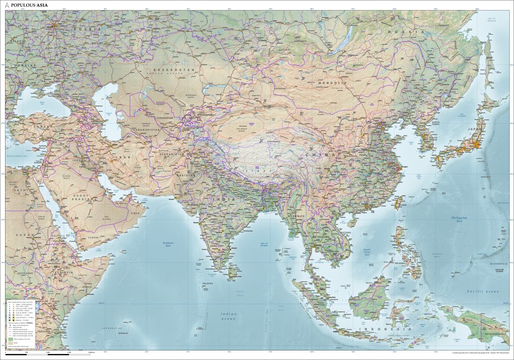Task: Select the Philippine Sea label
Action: (x=459, y=219)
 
